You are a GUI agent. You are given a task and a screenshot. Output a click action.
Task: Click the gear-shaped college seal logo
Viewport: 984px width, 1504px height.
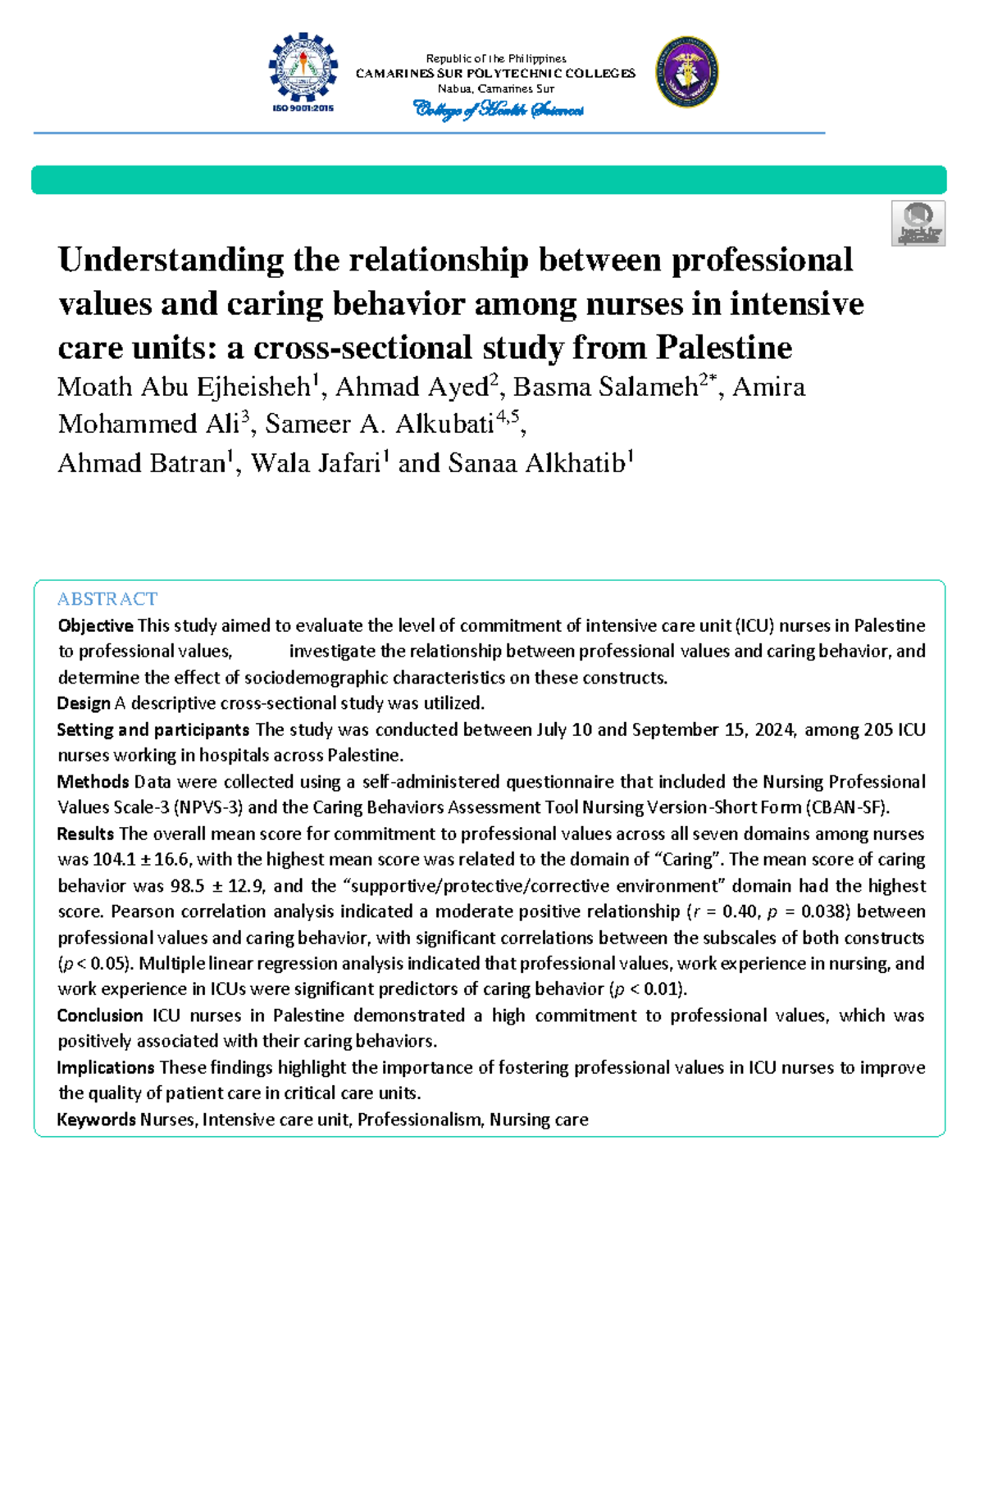pyautogui.click(x=303, y=66)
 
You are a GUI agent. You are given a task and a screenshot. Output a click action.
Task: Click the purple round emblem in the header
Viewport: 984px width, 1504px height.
pyautogui.click(x=687, y=72)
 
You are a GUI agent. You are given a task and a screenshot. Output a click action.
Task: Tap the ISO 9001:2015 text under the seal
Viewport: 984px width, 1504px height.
pyautogui.click(x=303, y=108)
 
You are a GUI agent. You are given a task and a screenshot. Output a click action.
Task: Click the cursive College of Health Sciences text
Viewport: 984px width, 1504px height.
pyautogui.click(x=498, y=110)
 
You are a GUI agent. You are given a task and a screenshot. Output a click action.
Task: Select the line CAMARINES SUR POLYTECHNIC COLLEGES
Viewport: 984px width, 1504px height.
pyautogui.click(x=495, y=74)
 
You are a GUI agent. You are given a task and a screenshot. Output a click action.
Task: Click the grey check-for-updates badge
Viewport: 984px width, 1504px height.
pyautogui.click(x=918, y=223)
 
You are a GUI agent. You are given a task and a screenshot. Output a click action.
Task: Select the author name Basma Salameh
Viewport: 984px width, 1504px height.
pyautogui.click(x=605, y=387)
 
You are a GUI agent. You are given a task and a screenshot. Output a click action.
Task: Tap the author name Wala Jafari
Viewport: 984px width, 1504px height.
pyautogui.click(x=316, y=464)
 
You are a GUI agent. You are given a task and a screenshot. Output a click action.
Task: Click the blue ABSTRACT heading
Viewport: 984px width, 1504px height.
pyautogui.click(x=107, y=599)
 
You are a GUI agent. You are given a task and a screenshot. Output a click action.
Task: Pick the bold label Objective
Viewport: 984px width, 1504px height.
pyautogui.click(x=95, y=626)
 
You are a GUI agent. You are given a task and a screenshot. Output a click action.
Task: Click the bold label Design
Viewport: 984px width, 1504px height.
pyautogui.click(x=83, y=704)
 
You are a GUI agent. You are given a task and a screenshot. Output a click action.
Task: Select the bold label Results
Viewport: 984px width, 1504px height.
pyautogui.click(x=85, y=834)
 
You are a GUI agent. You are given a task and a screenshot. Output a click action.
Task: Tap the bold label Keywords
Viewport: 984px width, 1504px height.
pyautogui.click(x=96, y=1120)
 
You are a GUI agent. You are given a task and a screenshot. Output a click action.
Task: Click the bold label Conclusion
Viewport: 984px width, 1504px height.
pyautogui.click(x=100, y=1016)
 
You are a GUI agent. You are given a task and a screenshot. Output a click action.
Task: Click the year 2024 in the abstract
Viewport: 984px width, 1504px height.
pyautogui.click(x=774, y=730)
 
